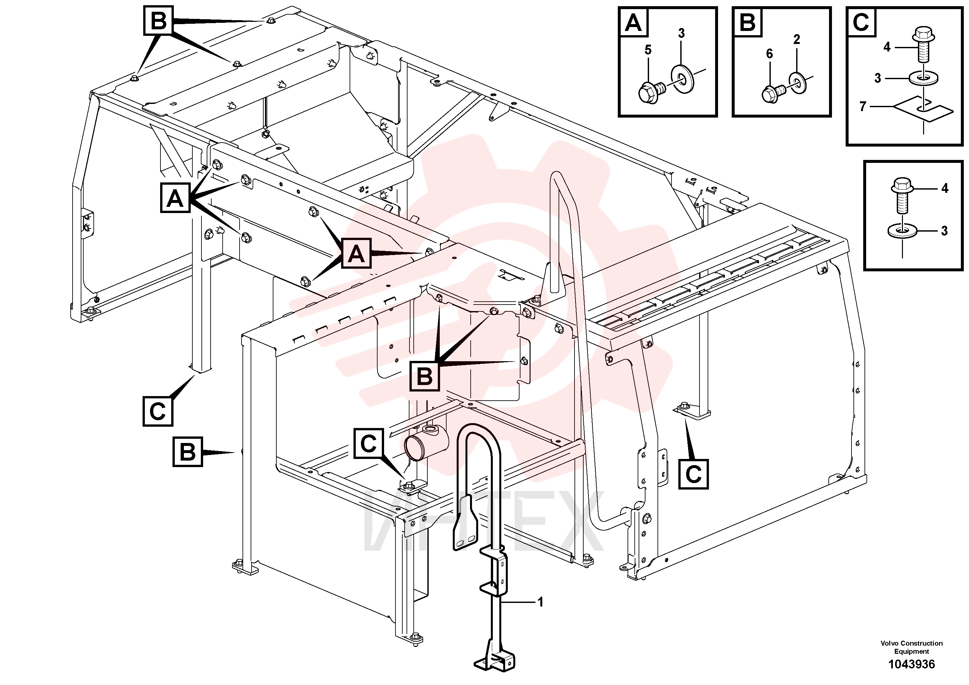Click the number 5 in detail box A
pos(648,50)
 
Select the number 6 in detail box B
pos(769,54)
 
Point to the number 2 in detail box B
pos(796,39)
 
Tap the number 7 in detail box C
pos(863,107)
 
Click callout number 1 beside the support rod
pos(540,602)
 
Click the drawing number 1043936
pos(912,664)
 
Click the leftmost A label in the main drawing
pos(175,198)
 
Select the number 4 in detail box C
pos(887,47)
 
